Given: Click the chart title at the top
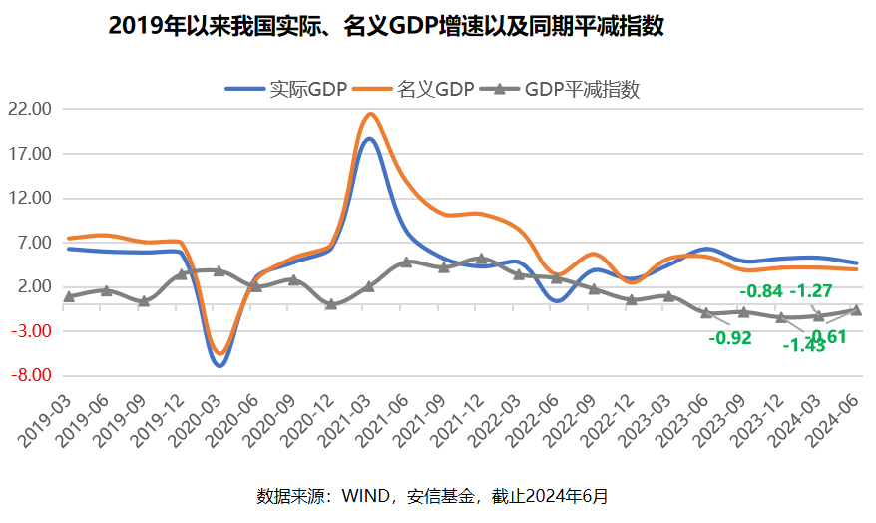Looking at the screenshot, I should [385, 27].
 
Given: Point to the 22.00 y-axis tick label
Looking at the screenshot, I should [30, 109].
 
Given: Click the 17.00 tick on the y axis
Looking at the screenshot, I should [30, 154].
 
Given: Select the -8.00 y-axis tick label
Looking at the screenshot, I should [30, 376].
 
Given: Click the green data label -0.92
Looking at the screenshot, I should [729, 337].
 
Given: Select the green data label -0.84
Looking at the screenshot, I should [760, 291].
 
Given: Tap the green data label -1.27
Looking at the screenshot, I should [811, 291].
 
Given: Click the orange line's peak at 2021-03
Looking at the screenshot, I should [370, 114].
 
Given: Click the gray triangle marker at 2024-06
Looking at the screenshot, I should [855, 310].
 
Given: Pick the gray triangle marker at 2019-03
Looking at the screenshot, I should [69, 296].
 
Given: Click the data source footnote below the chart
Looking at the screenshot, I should [432, 495].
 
